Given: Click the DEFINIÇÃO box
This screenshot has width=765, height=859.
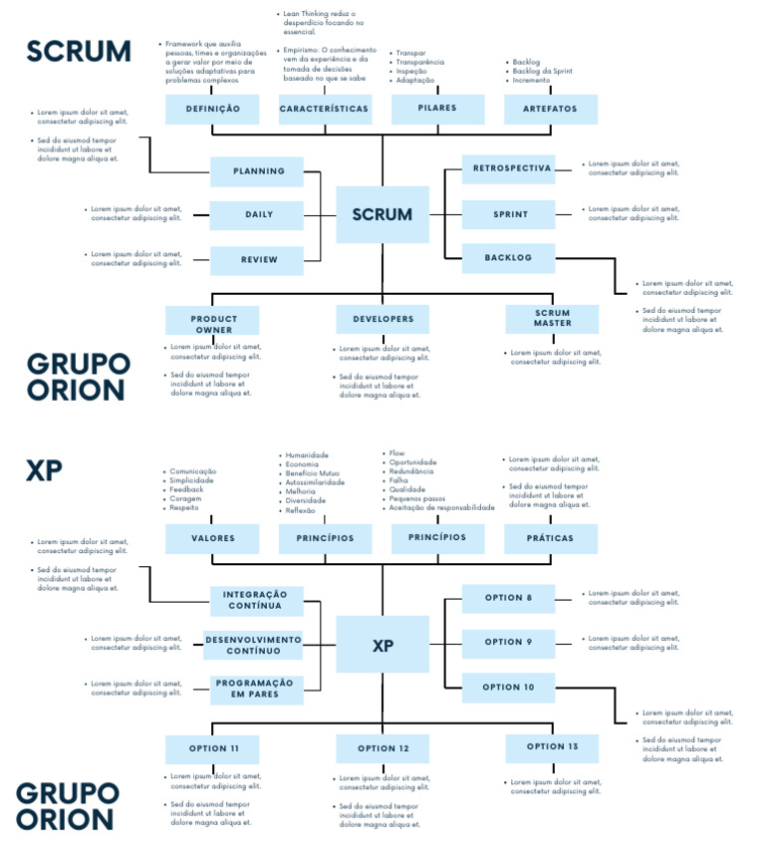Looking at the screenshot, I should point(211,109).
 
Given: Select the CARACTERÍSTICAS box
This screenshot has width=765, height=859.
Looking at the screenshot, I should point(325,109).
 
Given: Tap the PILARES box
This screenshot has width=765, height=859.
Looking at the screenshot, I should point(437,109).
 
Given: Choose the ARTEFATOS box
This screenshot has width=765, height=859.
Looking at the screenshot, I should point(550,109).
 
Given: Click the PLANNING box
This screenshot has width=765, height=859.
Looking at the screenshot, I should point(258,171).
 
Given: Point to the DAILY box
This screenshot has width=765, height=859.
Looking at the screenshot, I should point(258,215).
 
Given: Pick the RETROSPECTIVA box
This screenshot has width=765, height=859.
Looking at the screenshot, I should point(508,169).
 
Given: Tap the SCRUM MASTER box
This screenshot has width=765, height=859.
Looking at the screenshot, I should point(552,320).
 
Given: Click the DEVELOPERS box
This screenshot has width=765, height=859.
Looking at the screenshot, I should point(382,320).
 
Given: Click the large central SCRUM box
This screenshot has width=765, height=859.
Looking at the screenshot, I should point(382,214).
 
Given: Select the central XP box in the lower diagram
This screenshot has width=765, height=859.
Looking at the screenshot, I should point(382,645).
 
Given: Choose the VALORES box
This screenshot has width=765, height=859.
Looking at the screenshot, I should point(213,539).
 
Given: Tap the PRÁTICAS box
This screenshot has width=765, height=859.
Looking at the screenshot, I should point(551,539).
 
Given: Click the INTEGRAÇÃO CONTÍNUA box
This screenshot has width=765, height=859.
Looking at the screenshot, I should point(256,600).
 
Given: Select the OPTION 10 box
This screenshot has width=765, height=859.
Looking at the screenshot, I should point(508,688).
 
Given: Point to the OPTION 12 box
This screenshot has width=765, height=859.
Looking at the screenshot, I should point(382,749).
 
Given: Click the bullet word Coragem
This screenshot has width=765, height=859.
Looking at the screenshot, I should point(185,498).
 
